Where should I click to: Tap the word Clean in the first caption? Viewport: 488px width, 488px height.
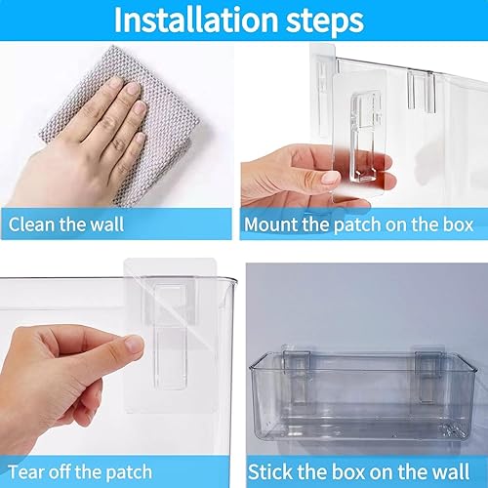point(32,224)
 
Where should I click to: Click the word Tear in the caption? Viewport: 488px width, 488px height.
point(28,470)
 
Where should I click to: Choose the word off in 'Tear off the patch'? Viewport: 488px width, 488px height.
point(67,470)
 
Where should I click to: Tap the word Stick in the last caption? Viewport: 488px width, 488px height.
point(270,470)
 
